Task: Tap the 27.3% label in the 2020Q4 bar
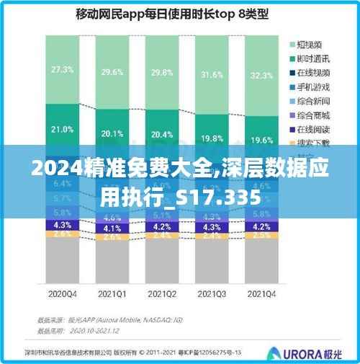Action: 62,69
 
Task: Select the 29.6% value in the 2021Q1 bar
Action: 112,72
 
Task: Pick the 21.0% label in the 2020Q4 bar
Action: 62,130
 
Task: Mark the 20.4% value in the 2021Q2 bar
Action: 161,134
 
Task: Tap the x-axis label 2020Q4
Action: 62,293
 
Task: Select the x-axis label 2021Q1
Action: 112,293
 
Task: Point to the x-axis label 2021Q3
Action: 211,293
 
